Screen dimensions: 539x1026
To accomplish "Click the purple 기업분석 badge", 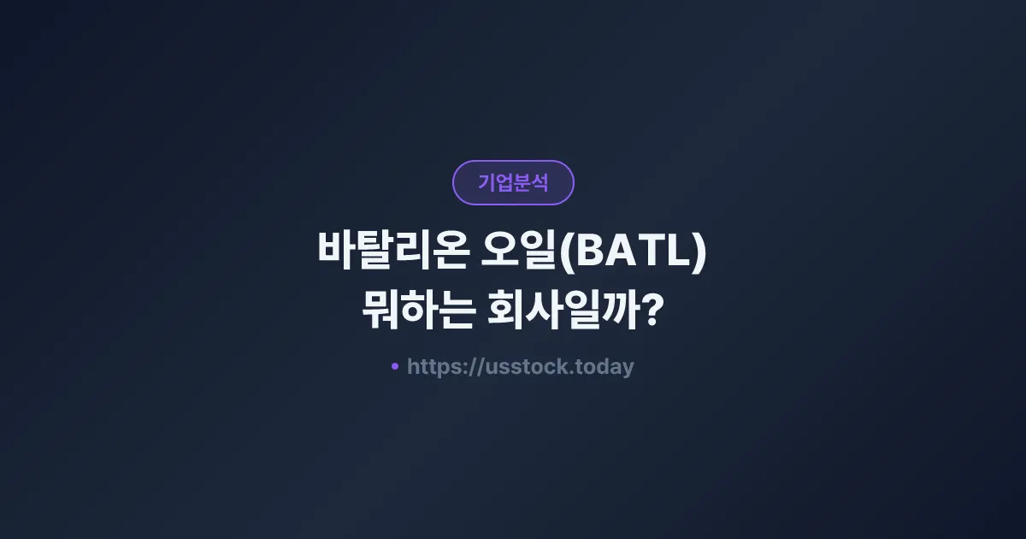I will coord(513,182).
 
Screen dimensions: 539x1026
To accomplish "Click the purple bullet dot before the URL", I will coord(394,366).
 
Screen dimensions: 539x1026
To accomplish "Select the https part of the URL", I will coord(433,367).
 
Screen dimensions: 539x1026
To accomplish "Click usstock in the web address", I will coord(522,367).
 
